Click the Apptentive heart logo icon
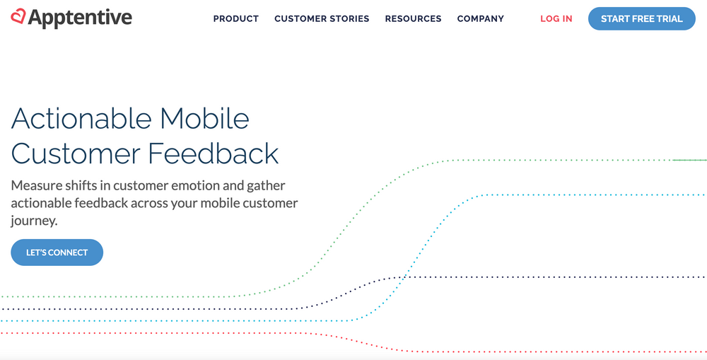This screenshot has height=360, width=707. point(18,16)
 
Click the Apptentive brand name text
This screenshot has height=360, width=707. point(80,18)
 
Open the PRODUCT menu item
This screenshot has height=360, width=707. point(236,19)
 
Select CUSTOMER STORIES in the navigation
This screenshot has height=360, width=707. point(322,19)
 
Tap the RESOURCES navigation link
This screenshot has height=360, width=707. point(413,19)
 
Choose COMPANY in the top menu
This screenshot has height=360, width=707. point(481,19)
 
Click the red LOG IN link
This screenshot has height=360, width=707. point(556,19)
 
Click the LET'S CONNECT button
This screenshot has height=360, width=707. point(57,252)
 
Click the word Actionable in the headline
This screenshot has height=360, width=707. point(81,118)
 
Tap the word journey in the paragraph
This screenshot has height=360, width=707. point(32,221)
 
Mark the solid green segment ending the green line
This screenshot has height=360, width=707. point(689,161)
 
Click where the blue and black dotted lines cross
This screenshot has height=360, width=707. point(402,277)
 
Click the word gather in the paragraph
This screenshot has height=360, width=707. point(267,186)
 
